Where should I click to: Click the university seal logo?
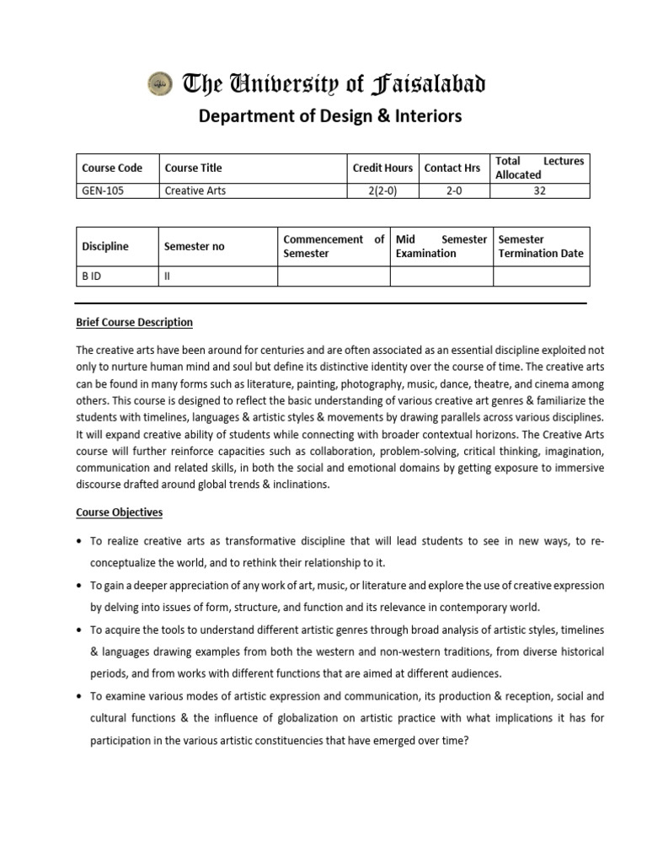(x=161, y=83)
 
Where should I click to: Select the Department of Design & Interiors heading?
(x=329, y=116)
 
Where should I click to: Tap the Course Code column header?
(x=112, y=168)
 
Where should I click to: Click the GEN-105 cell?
(x=103, y=190)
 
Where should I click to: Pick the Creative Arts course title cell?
(x=195, y=190)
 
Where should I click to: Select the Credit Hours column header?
(x=382, y=168)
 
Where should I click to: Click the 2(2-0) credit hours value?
(x=382, y=190)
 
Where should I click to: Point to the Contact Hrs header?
(x=452, y=168)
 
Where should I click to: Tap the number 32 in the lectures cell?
(x=540, y=190)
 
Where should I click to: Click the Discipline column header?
(x=105, y=247)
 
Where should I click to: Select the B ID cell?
(x=91, y=276)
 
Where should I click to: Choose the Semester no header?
(x=195, y=247)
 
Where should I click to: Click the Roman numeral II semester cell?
(x=167, y=276)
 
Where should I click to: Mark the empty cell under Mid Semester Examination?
(x=441, y=276)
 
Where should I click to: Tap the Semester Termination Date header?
(x=540, y=246)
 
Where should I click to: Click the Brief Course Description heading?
(x=135, y=322)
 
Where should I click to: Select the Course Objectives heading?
(x=120, y=512)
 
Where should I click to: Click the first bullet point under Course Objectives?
(x=79, y=541)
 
